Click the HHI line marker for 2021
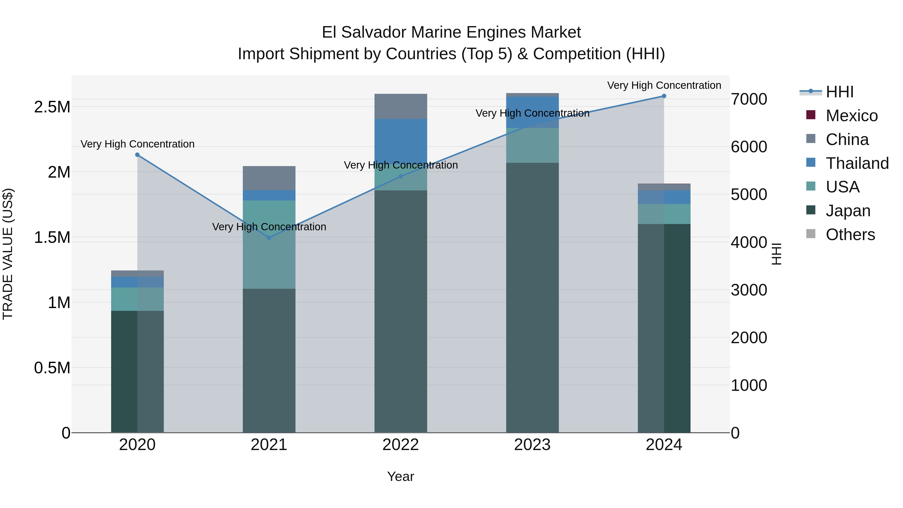(269, 238)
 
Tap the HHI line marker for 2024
(663, 96)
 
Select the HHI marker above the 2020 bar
(137, 155)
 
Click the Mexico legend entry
(852, 116)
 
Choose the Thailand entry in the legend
(857, 163)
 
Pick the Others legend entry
(850, 235)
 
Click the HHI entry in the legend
(840, 92)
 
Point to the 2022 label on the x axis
(400, 445)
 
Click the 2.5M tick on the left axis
(52, 107)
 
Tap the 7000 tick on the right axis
(749, 99)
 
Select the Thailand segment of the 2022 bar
(400, 140)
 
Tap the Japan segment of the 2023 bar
(532, 298)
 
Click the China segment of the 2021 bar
(269, 178)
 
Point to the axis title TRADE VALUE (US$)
(8, 254)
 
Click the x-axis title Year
(400, 476)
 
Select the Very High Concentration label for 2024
(663, 85)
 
